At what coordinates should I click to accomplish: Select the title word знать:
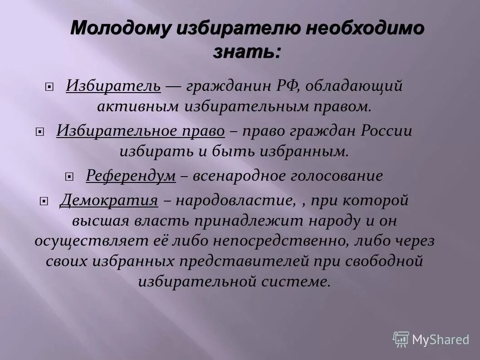[247, 52]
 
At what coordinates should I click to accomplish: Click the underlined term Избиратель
[113, 85]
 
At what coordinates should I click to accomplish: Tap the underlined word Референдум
[131, 176]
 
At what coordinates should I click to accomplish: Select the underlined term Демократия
[109, 200]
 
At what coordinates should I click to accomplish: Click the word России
[387, 131]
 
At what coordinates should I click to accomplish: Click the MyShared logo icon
[401, 339]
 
